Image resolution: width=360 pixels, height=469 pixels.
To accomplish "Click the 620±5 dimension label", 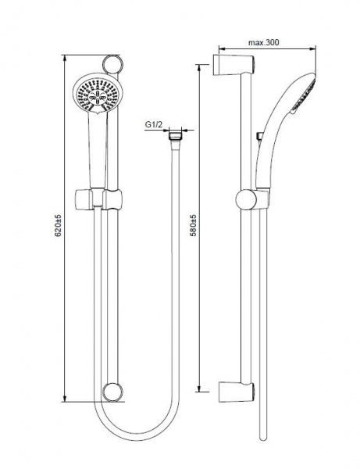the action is point(58,225).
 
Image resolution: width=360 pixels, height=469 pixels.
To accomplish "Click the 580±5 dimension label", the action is point(194,225).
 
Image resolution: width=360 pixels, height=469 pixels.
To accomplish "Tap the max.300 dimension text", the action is point(263,42).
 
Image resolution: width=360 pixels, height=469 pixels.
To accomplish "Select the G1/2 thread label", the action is point(154,124).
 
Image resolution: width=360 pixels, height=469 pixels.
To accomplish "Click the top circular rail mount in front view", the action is point(112,65).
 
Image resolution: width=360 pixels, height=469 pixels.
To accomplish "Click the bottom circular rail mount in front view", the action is point(112,392).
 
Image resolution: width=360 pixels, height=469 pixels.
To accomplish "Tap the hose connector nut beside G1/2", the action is point(175,134).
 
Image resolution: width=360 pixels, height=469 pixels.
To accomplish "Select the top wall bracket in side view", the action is point(233,65).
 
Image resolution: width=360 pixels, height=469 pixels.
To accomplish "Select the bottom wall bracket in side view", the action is point(233,392).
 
